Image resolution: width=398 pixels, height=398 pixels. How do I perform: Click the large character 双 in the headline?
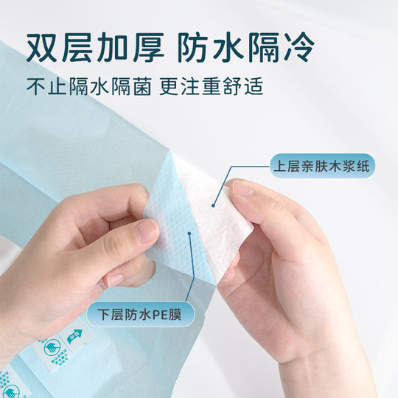[43, 46]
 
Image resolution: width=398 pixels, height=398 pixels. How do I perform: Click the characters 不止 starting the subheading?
[46, 86]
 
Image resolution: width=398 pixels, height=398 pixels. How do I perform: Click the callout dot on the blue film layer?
[190, 234]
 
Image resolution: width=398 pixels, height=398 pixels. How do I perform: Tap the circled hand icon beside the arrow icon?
[52, 349]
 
